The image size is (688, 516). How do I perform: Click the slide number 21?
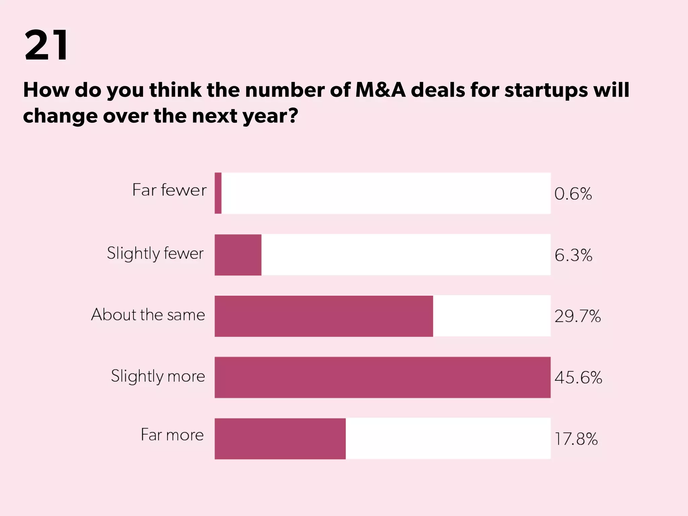(x=46, y=45)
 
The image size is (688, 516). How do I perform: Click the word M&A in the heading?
(x=380, y=90)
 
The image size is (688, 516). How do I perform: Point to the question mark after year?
(x=293, y=116)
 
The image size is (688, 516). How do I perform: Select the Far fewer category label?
(x=169, y=190)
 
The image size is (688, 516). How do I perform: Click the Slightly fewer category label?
(x=155, y=254)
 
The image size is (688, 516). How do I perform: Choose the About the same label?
(x=148, y=315)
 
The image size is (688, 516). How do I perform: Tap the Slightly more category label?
(x=158, y=376)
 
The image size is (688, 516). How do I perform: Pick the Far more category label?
(x=172, y=435)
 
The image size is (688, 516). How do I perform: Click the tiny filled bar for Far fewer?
(x=218, y=193)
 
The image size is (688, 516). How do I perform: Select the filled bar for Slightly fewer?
(x=238, y=255)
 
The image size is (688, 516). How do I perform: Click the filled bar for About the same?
(x=324, y=316)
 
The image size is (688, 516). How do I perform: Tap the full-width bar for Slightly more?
(x=382, y=377)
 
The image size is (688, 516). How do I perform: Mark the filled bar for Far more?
(x=280, y=438)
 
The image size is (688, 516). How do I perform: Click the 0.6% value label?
(x=573, y=194)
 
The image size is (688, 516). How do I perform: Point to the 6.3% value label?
(x=573, y=255)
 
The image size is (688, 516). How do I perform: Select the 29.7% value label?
(x=577, y=316)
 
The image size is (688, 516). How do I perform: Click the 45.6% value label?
(x=578, y=378)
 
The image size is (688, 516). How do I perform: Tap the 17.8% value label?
(x=576, y=439)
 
